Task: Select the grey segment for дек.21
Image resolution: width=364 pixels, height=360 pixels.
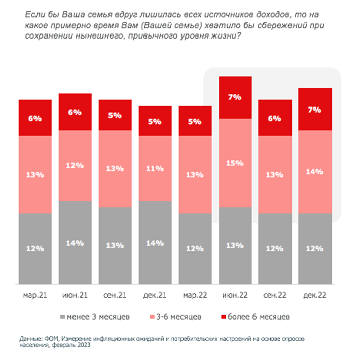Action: click(x=156, y=242)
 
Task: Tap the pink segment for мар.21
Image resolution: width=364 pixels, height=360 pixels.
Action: click(x=35, y=175)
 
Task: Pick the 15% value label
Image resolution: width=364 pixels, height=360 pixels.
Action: click(x=235, y=163)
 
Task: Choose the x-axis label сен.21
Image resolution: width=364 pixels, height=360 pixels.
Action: click(x=115, y=294)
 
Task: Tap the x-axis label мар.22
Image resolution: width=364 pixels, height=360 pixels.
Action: click(x=196, y=294)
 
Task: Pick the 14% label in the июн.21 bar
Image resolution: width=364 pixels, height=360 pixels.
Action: click(x=76, y=243)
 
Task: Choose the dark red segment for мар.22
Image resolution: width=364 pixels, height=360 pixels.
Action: click(x=196, y=121)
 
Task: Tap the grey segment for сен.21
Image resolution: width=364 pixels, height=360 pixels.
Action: click(x=116, y=246)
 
